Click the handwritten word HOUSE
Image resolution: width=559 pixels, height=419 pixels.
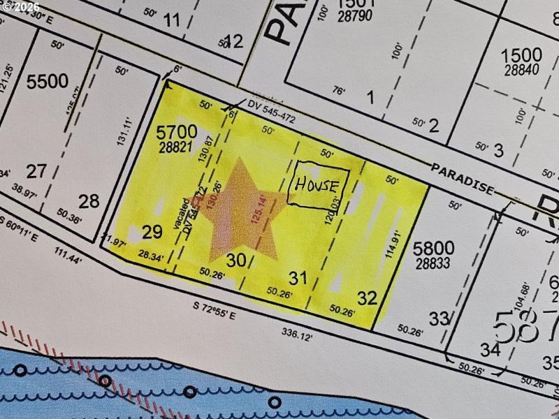pyautogui.click(x=319, y=186)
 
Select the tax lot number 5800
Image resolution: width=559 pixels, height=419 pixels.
pyautogui.click(x=433, y=248)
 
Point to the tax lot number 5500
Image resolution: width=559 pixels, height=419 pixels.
pyautogui.click(x=47, y=82)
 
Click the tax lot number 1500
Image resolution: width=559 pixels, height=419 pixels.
pyautogui.click(x=521, y=55)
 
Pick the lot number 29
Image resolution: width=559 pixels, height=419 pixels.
pyautogui.click(x=152, y=232)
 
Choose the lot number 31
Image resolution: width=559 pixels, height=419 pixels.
pyautogui.click(x=298, y=278)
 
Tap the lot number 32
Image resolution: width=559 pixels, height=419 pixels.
pyautogui.click(x=367, y=298)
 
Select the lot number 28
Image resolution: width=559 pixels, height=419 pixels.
pyautogui.click(x=89, y=201)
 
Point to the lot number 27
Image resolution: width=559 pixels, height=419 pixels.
pyautogui.click(x=36, y=170)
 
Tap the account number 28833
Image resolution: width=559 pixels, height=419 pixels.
pyautogui.click(x=433, y=264)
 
